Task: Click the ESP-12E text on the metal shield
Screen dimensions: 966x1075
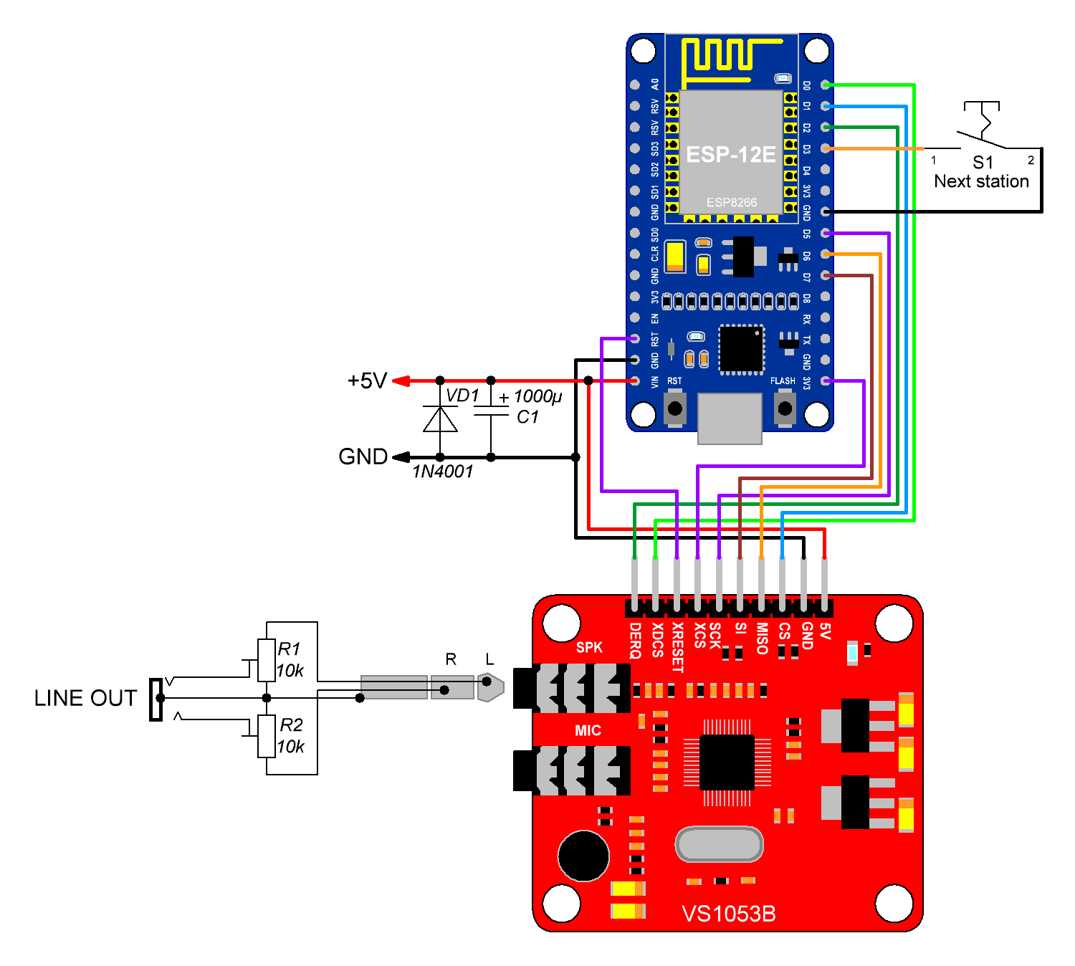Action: (x=730, y=155)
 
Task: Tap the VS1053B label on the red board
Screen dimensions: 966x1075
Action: (x=728, y=914)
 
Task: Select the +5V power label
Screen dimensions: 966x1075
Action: (x=367, y=381)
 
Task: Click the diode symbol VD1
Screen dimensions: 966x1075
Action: (x=440, y=419)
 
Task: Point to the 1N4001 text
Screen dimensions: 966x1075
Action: (x=443, y=472)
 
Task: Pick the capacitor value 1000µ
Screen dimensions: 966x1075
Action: (x=537, y=396)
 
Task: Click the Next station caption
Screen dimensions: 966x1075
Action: (x=981, y=181)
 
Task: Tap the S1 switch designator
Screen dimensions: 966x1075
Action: (x=983, y=163)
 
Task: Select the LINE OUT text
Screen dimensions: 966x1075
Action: (x=85, y=698)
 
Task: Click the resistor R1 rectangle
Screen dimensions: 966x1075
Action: (x=267, y=660)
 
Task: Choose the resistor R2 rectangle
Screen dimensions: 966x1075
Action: (x=267, y=736)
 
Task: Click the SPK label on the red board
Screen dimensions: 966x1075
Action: (x=589, y=648)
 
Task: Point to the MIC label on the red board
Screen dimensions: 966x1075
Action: (x=588, y=730)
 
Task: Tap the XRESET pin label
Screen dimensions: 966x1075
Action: (x=677, y=647)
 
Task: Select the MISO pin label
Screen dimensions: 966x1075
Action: (x=762, y=639)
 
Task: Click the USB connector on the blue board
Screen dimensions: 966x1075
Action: (x=730, y=418)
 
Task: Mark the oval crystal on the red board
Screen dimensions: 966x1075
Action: (x=719, y=844)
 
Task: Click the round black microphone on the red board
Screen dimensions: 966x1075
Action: (x=584, y=856)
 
